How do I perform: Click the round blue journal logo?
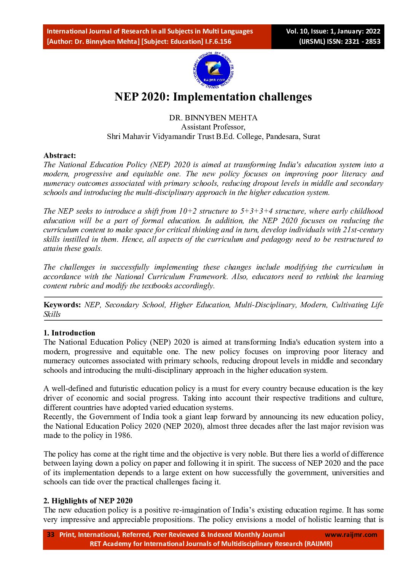pos(213,71)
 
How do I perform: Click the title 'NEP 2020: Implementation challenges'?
pos(213,97)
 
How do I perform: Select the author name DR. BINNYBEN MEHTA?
pos(213,118)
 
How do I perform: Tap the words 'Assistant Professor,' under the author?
pos(213,127)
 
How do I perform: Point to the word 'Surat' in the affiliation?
pos(311,136)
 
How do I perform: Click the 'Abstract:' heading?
pos(60,155)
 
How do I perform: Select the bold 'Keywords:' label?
pos(62,305)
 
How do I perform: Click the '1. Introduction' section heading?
pos(69,333)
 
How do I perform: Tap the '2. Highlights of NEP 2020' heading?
pos(88,501)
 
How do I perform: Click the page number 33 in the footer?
pos(51,535)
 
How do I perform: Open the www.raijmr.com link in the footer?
pos(351,535)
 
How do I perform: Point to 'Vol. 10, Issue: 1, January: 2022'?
pos(333,31)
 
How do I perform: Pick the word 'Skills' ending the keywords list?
pos(52,314)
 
